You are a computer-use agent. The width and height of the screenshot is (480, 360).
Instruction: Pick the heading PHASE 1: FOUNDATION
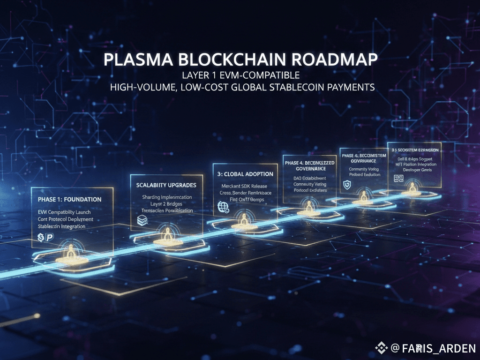[x=69, y=199]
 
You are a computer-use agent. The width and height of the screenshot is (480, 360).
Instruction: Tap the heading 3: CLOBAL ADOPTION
[x=246, y=174]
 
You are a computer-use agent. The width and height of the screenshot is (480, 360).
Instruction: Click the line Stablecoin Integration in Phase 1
[x=61, y=226]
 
